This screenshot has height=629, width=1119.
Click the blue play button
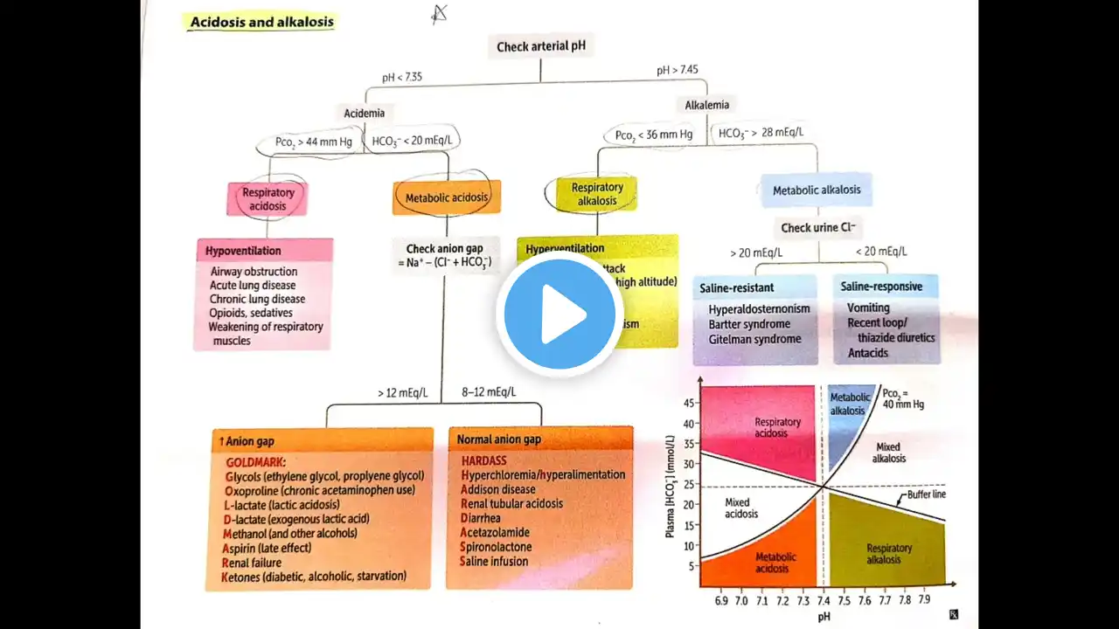pos(559,314)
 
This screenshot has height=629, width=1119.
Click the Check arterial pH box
pos(540,46)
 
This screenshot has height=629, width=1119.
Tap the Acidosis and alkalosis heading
pos(261,21)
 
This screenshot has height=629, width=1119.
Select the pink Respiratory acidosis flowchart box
pos(268,199)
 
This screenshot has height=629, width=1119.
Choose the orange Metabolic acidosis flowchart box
pos(447,197)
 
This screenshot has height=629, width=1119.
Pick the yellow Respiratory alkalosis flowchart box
pos(597,194)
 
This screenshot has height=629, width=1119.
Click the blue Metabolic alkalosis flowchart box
pos(817,190)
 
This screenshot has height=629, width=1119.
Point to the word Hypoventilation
pos(243,251)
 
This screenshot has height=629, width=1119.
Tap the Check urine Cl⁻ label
pos(818,228)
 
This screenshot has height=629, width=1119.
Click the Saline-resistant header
pos(736,287)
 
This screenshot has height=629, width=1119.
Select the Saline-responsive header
pos(881,287)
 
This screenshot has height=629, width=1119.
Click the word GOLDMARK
pos(256,461)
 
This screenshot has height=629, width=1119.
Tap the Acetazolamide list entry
pos(495,532)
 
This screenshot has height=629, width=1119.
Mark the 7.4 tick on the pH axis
pos(823,601)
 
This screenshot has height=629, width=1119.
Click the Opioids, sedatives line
pos(251,313)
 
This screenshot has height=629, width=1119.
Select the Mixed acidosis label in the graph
pos(742,508)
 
